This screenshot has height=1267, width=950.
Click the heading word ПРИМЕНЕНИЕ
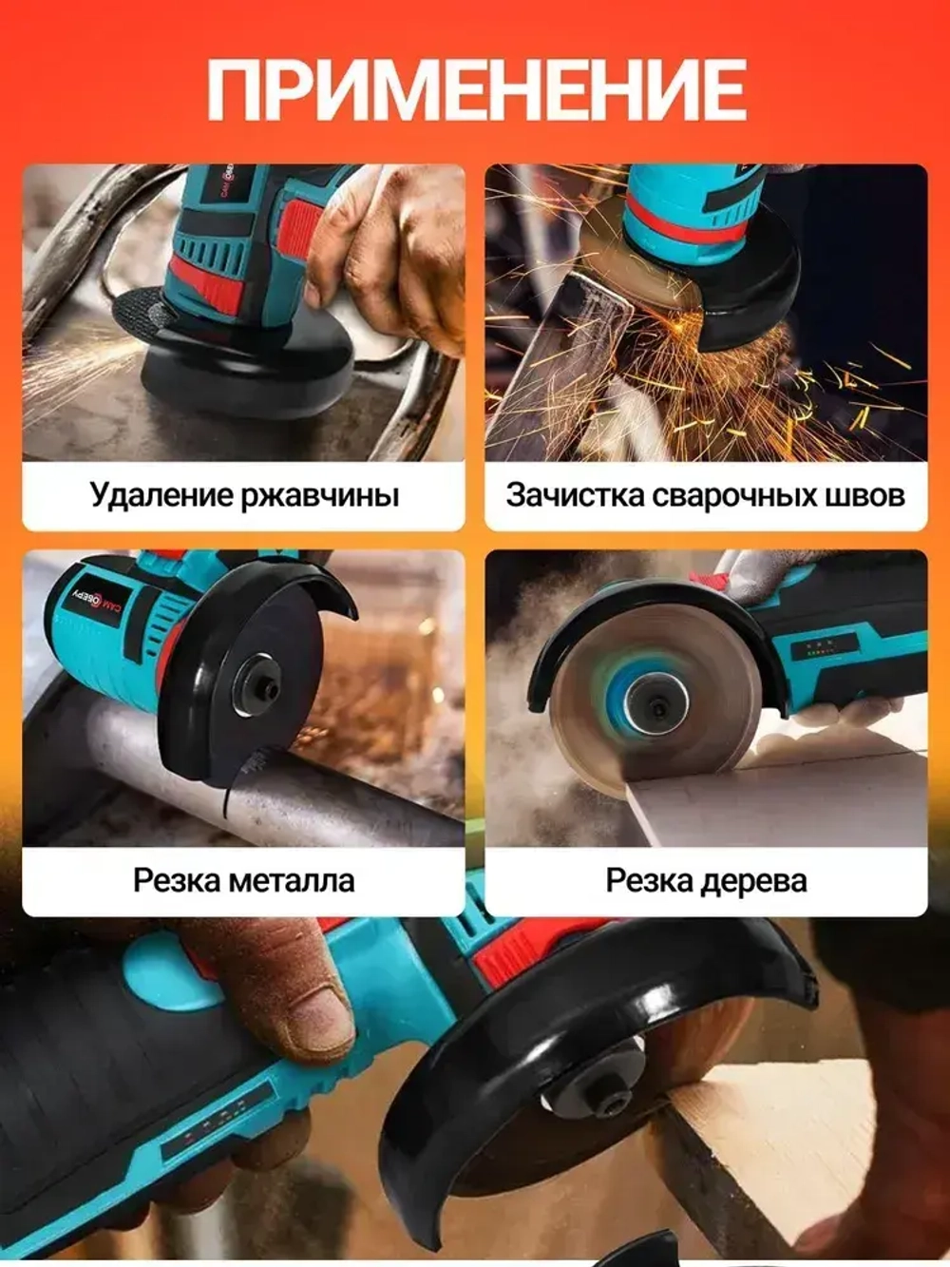click(476, 90)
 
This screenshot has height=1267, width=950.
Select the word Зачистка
click(561, 495)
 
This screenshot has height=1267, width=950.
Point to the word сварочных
click(723, 495)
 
